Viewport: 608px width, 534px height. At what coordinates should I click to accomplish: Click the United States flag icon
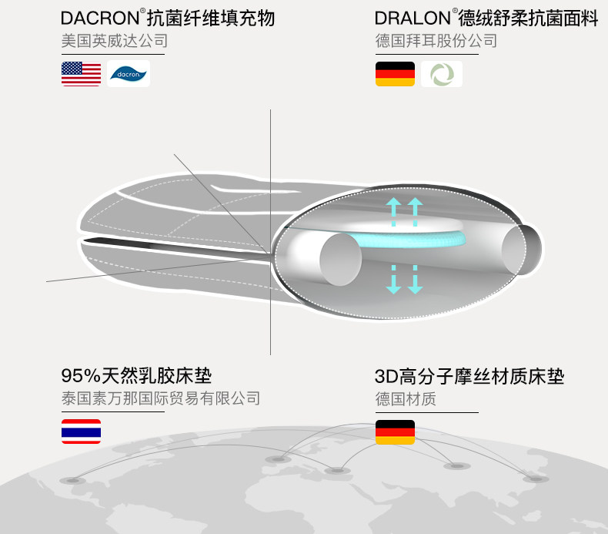[x=81, y=74]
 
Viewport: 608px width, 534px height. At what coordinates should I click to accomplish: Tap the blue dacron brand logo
[x=129, y=74]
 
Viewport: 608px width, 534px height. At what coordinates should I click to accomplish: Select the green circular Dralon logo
[x=442, y=74]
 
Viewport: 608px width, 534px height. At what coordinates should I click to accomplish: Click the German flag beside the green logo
[x=395, y=74]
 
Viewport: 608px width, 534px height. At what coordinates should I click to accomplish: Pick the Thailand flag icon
[x=81, y=432]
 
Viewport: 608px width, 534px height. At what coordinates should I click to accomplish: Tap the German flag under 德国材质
[x=395, y=432]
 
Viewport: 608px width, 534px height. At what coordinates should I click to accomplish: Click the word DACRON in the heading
[x=100, y=18]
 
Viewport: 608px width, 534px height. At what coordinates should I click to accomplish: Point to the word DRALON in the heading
[x=413, y=18]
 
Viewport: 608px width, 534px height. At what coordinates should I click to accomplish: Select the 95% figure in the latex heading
[x=81, y=375]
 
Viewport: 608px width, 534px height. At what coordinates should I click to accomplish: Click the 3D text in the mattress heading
[x=386, y=376]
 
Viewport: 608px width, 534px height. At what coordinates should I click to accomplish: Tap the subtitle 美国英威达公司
[x=115, y=41]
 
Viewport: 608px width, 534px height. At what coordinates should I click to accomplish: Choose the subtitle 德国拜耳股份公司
[x=436, y=41]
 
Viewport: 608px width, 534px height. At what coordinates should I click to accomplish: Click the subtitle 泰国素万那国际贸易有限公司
[x=161, y=398]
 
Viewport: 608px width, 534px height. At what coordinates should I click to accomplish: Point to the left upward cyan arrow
[x=393, y=212]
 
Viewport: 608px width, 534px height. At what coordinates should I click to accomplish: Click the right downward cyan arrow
[x=415, y=280]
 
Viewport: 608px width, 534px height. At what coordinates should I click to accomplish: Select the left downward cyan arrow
[x=393, y=280]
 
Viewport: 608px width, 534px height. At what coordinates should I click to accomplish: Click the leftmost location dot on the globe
[x=72, y=481]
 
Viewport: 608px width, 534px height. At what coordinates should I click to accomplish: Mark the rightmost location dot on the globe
[x=536, y=479]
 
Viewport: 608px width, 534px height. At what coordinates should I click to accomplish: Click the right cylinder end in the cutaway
[x=521, y=250]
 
